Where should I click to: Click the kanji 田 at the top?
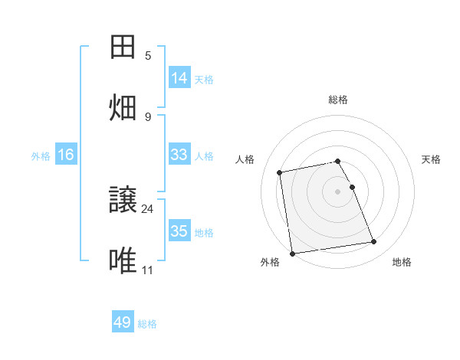tap(123, 47)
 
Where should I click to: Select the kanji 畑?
tap(123, 106)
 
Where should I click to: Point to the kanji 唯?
tap(123, 261)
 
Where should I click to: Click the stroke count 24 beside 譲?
tap(148, 208)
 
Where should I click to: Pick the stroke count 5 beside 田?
tap(148, 56)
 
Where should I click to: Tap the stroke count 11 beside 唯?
tap(148, 270)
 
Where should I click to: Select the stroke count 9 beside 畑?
tap(148, 116)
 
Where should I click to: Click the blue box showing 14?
tap(179, 77)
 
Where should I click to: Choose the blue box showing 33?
tap(179, 155)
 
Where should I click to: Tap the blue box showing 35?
tap(179, 231)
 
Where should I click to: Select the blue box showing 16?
tap(66, 155)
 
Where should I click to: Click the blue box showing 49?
tap(123, 322)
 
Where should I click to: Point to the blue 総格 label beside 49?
tap(147, 324)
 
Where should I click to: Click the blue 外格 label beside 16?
tap(41, 156)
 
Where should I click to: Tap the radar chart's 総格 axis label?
tap(338, 100)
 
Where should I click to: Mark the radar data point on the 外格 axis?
tap(292, 253)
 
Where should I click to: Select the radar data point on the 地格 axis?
tap(374, 242)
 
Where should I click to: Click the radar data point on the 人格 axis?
tap(280, 172)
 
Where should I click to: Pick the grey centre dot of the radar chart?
tap(338, 191)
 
